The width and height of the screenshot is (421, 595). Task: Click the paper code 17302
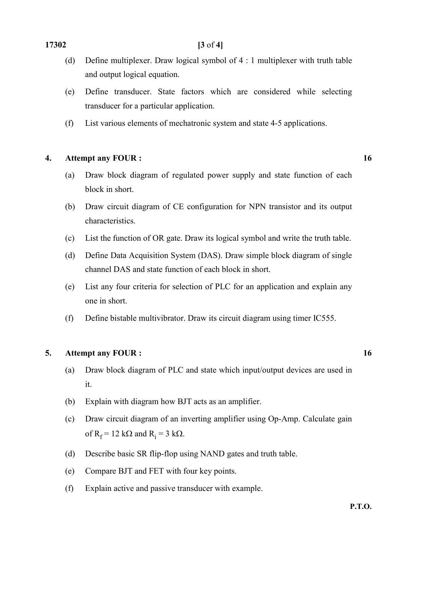click(x=56, y=45)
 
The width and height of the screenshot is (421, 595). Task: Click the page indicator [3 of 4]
click(x=210, y=45)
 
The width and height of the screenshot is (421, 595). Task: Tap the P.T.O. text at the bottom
click(x=361, y=507)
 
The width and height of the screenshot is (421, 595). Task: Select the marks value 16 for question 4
click(x=367, y=158)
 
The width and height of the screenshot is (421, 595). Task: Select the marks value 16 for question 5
click(x=367, y=353)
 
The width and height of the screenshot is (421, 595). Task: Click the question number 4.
click(x=48, y=158)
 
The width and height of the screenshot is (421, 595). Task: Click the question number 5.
click(x=48, y=353)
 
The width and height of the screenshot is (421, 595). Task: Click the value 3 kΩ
click(x=174, y=434)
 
